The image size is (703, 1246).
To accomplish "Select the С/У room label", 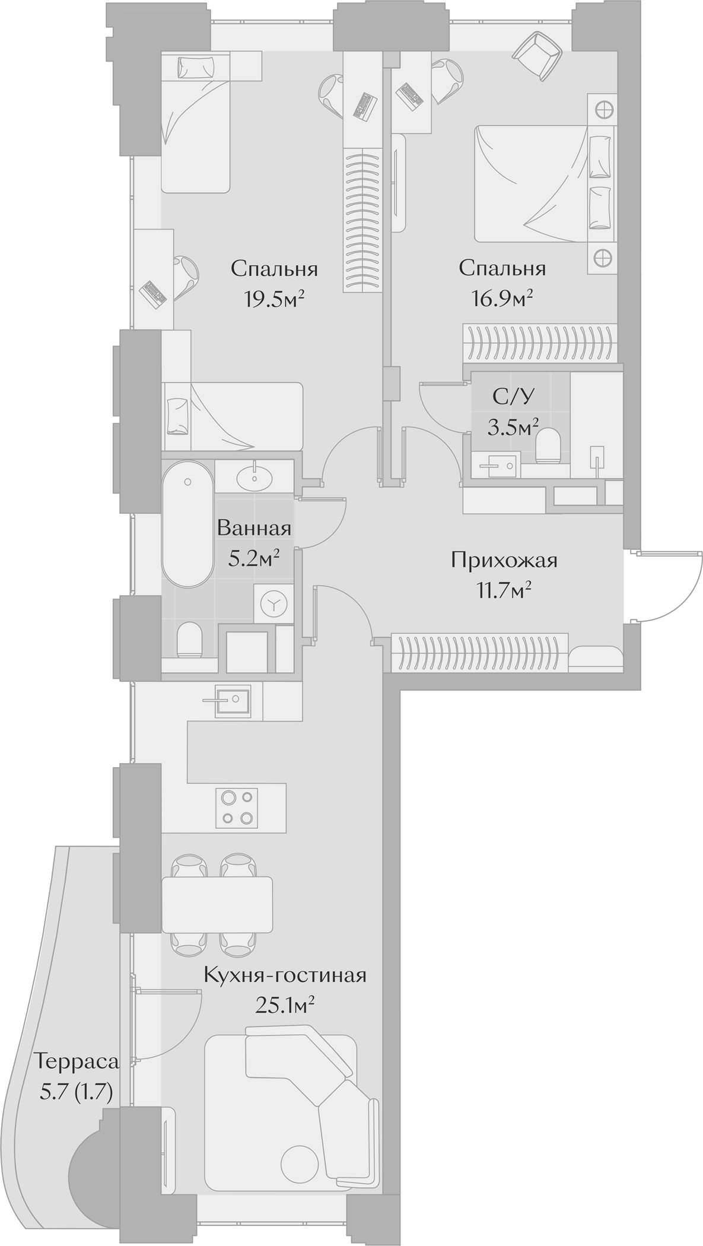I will tap(508, 397).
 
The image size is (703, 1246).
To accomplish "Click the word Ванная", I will tap(254, 527).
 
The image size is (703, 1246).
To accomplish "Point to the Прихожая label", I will tap(504, 560).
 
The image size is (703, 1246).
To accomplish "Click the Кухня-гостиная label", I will tap(285, 975).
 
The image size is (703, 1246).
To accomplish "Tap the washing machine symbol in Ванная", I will tap(273, 604).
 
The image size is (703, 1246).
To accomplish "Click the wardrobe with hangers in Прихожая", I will tap(479, 652).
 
